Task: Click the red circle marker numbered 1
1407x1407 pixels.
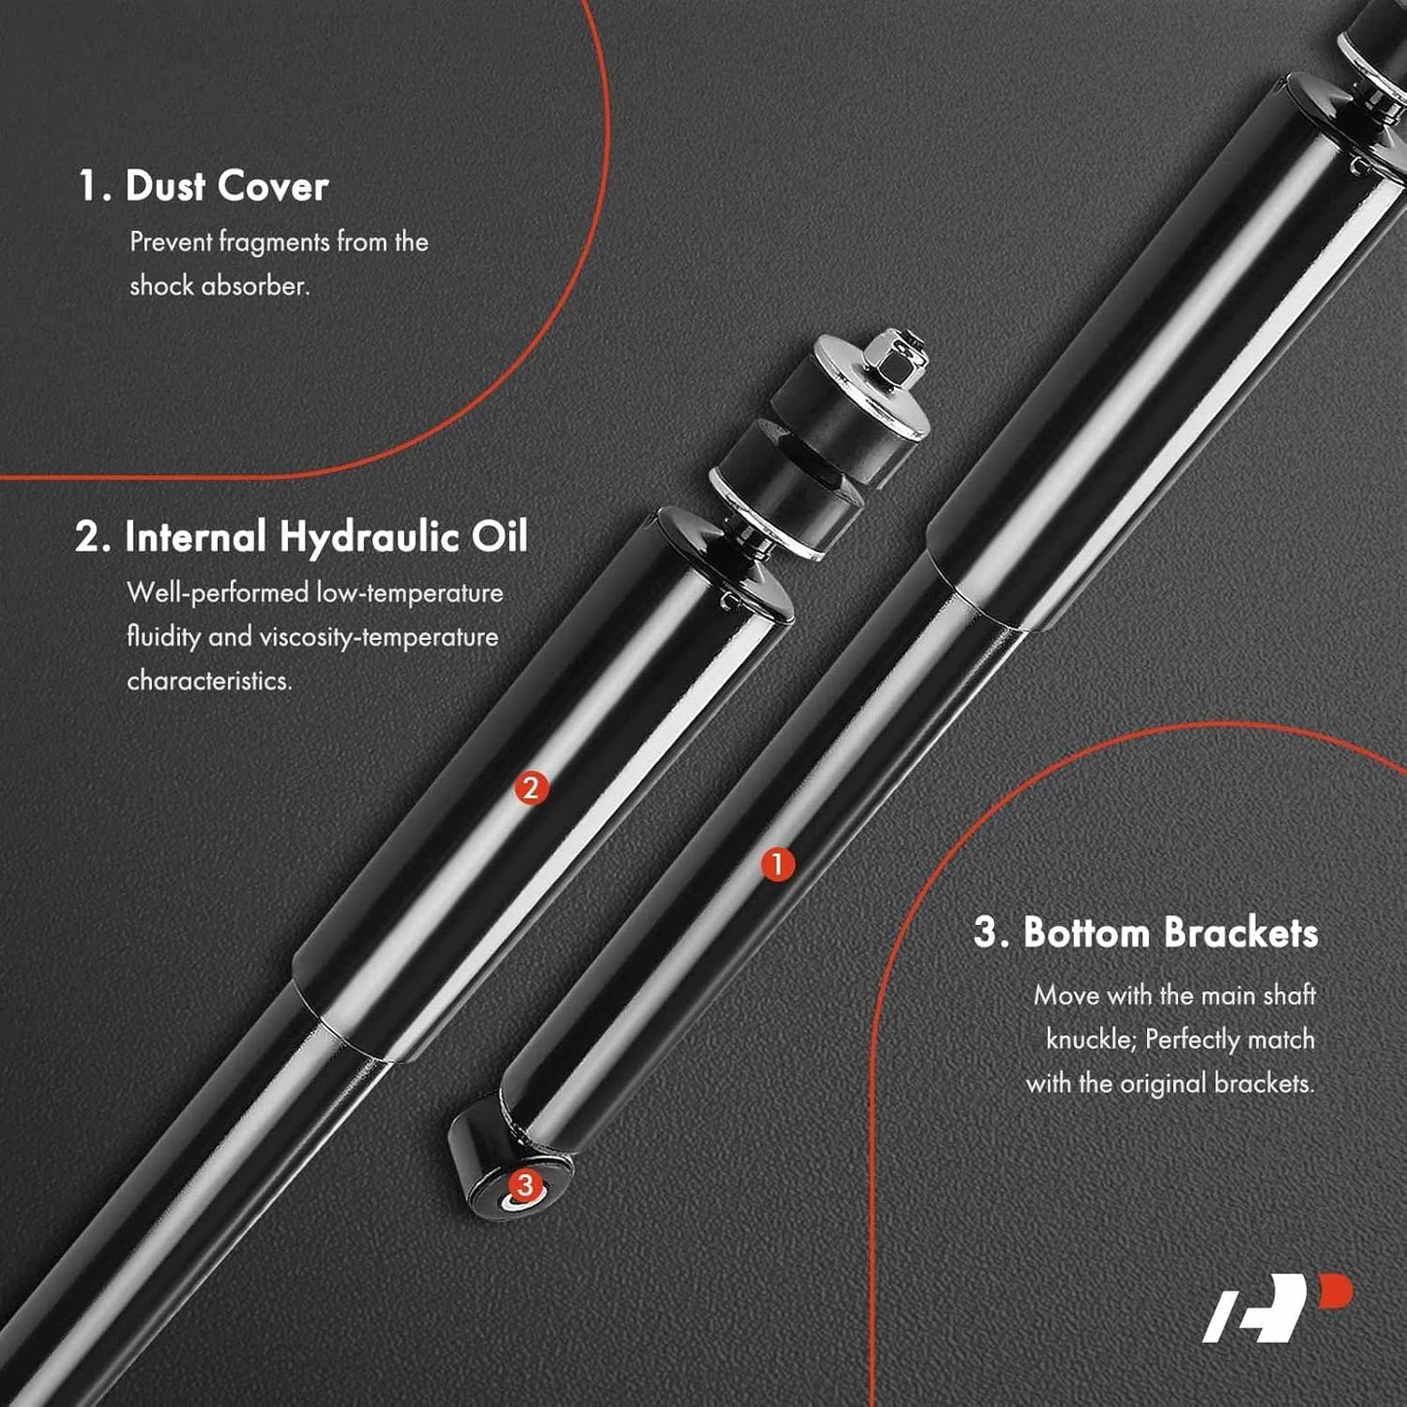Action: point(778,865)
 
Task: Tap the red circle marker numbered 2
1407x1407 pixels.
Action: point(531,788)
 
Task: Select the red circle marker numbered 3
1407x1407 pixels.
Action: point(525,1184)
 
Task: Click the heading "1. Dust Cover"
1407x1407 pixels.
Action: point(204,186)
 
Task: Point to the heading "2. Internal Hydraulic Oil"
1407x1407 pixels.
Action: point(301,537)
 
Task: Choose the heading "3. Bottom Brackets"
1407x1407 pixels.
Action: point(1146,933)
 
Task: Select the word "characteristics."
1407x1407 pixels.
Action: point(209,681)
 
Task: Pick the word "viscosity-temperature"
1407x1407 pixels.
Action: point(379,638)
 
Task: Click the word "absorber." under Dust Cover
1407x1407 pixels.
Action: point(255,285)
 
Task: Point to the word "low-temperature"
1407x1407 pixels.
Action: point(410,593)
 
